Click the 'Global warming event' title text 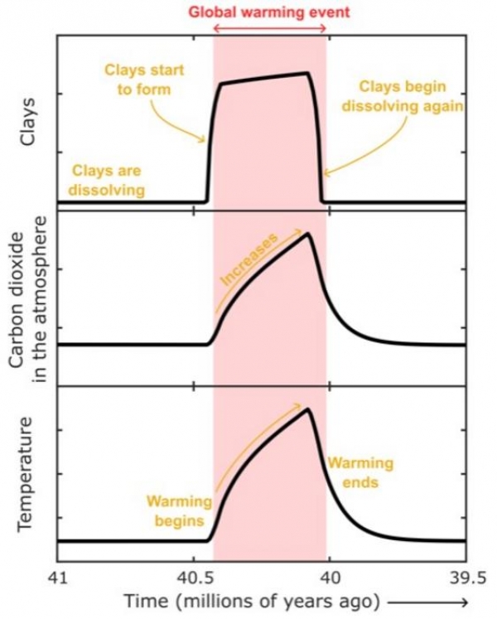click(270, 12)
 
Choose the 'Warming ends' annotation click(359, 473)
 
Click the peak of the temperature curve click(308, 409)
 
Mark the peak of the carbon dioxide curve click(308, 234)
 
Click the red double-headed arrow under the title click(270, 29)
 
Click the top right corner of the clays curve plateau click(308, 73)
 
